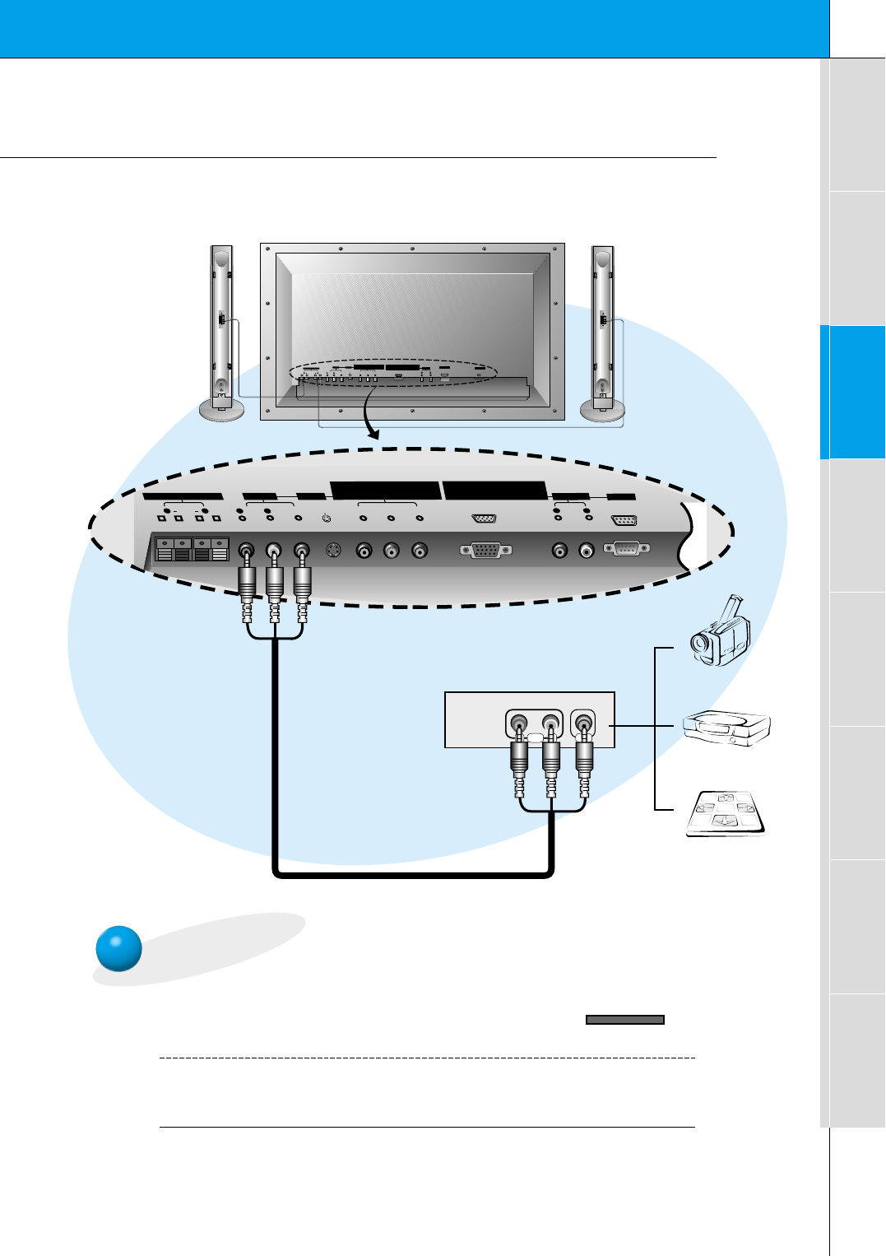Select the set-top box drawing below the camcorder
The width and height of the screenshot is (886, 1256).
(726, 728)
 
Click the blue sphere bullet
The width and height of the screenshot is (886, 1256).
(118, 948)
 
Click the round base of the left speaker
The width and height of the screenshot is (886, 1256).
(221, 410)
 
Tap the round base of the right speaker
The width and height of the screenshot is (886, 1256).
(602, 410)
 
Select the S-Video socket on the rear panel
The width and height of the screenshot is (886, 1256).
(333, 550)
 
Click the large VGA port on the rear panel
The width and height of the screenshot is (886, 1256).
(485, 550)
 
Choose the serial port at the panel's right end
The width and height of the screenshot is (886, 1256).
(626, 548)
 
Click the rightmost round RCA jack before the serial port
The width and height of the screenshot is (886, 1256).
(586, 550)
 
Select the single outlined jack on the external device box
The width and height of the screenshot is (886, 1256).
(584, 724)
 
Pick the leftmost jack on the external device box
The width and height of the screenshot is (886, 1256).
(518, 724)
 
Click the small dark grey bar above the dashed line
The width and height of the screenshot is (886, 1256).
(624, 1020)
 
